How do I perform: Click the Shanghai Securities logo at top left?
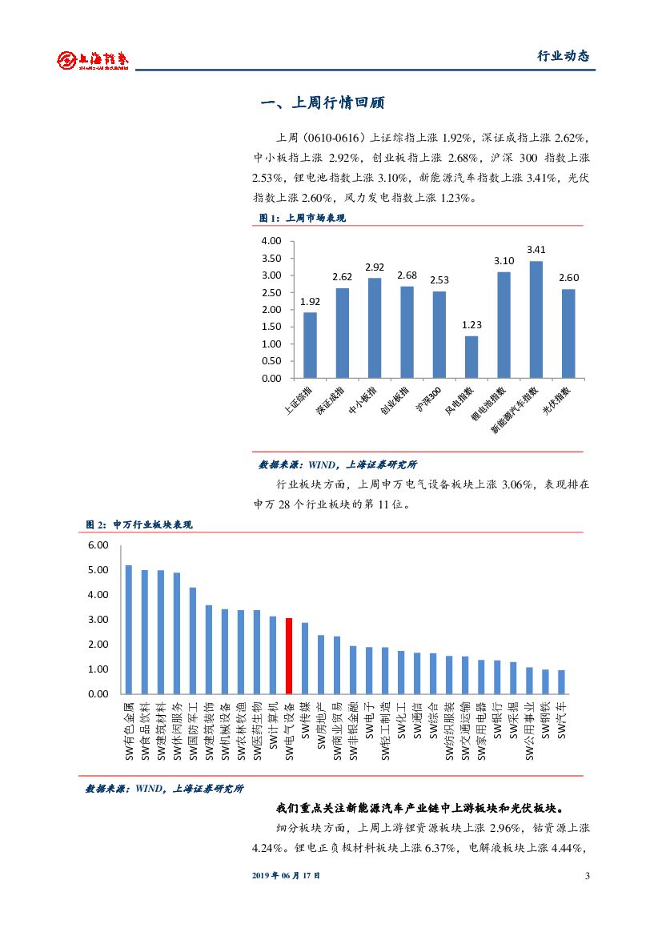pos(91,59)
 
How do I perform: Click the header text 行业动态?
pos(563,56)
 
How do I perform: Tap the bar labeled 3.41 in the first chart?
pos(536,319)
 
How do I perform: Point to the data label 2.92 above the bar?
pos(375,267)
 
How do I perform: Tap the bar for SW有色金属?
pos(129,629)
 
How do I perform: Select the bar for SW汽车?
pos(561,681)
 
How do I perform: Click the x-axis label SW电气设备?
pos(289,731)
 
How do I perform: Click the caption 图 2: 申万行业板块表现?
pos(139,524)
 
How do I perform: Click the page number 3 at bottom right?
pos(587,876)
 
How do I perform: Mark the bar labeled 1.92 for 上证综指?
pos(310,345)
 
